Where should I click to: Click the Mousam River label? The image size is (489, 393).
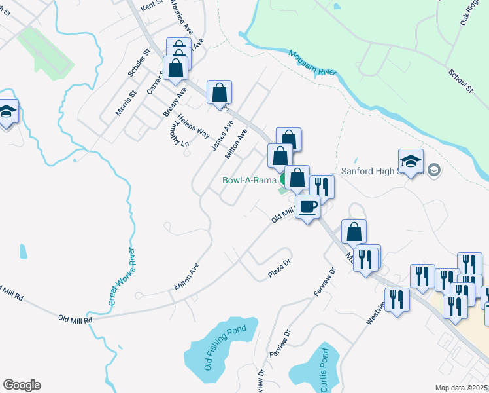(311, 64)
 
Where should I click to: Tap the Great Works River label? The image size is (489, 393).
(122, 277)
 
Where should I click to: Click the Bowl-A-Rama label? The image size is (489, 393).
(250, 179)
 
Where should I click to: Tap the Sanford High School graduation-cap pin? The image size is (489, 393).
(411, 162)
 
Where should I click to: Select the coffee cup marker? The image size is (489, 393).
(307, 207)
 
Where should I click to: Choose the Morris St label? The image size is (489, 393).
(125, 103)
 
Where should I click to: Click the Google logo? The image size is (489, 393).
(22, 385)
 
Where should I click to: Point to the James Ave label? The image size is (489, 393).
(222, 135)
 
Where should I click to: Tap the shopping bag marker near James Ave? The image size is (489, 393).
(220, 92)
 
